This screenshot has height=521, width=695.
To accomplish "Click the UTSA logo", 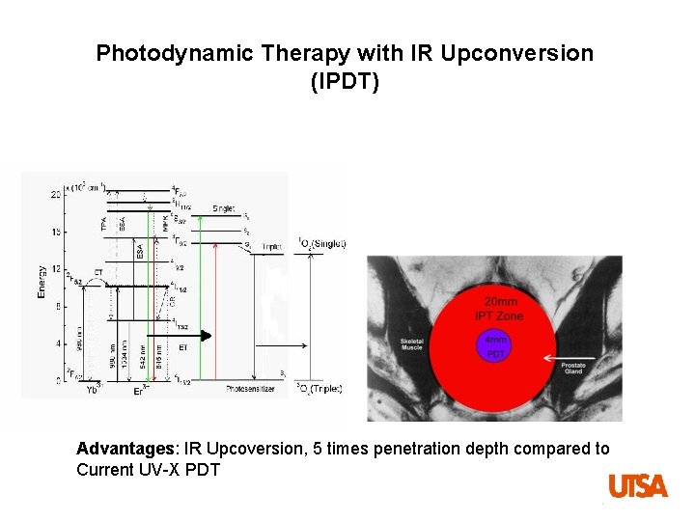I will [x=637, y=486].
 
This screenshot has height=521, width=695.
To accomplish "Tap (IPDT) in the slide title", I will [x=345, y=83].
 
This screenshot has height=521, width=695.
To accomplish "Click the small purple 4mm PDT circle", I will [x=494, y=346].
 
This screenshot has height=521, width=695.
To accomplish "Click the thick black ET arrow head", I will [x=205, y=336].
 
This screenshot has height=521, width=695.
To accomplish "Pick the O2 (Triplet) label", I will [x=320, y=389].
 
